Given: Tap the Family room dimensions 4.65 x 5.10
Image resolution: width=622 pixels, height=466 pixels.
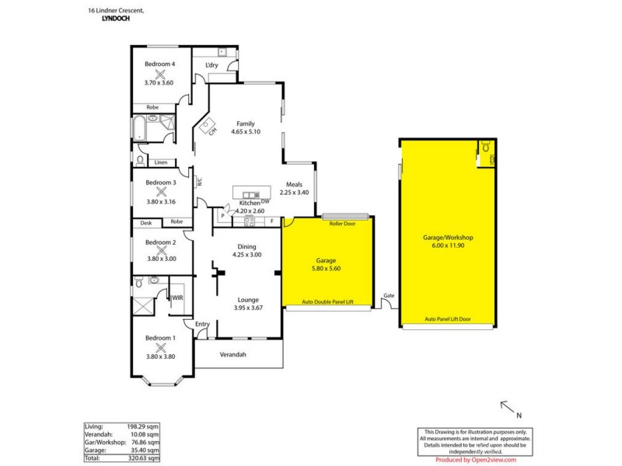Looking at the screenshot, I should (246, 132).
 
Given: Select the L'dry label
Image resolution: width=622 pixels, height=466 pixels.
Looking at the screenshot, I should (211, 65).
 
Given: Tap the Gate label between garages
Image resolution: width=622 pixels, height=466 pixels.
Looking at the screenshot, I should (388, 296).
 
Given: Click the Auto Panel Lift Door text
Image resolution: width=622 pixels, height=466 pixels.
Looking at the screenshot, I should (449, 319).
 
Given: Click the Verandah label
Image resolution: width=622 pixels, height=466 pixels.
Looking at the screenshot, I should (233, 355).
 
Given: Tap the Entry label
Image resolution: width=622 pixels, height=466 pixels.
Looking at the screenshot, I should (202, 325).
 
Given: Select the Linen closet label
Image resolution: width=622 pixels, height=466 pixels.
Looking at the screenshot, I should (161, 162).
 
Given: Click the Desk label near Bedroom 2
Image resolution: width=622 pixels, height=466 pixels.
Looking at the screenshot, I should (146, 222).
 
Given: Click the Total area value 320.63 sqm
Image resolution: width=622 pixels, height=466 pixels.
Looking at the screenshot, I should (145, 459).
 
